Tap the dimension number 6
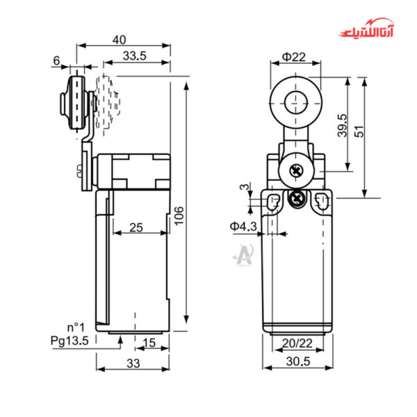click(x=56, y=60)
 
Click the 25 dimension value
click(x=137, y=227)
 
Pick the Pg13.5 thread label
click(x=69, y=341)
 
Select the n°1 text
click(x=76, y=327)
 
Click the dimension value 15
click(x=149, y=342)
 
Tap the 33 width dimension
click(x=133, y=363)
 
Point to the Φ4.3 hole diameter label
click(x=244, y=226)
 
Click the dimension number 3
click(x=242, y=187)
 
